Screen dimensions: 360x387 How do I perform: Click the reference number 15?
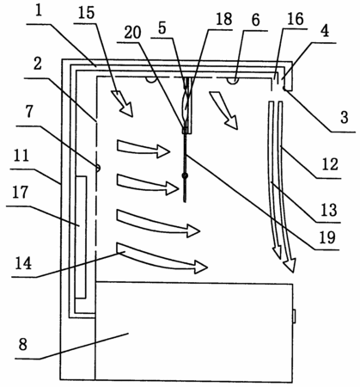(86, 13)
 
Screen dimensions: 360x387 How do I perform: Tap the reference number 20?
(133, 32)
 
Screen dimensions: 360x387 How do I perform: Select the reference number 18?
(224, 19)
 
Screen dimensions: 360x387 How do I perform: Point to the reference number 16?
(296, 19)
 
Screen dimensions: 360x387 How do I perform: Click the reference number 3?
(345, 117)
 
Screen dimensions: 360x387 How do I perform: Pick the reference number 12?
(330, 164)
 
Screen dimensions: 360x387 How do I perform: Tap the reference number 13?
(329, 210)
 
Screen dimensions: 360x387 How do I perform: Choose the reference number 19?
(327, 237)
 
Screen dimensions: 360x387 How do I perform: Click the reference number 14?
(23, 263)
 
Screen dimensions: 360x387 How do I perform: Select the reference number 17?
(20, 192)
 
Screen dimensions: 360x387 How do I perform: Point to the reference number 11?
(21, 156)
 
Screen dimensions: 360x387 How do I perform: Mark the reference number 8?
(23, 344)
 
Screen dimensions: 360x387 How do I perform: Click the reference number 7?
(30, 112)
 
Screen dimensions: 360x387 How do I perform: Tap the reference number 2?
(38, 64)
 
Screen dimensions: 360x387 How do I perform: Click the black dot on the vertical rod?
(186, 175)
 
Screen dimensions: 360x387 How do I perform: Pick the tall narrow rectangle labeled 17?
(81, 237)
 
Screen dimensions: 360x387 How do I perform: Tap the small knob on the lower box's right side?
(294, 316)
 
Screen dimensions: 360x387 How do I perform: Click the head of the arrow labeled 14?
(201, 267)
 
